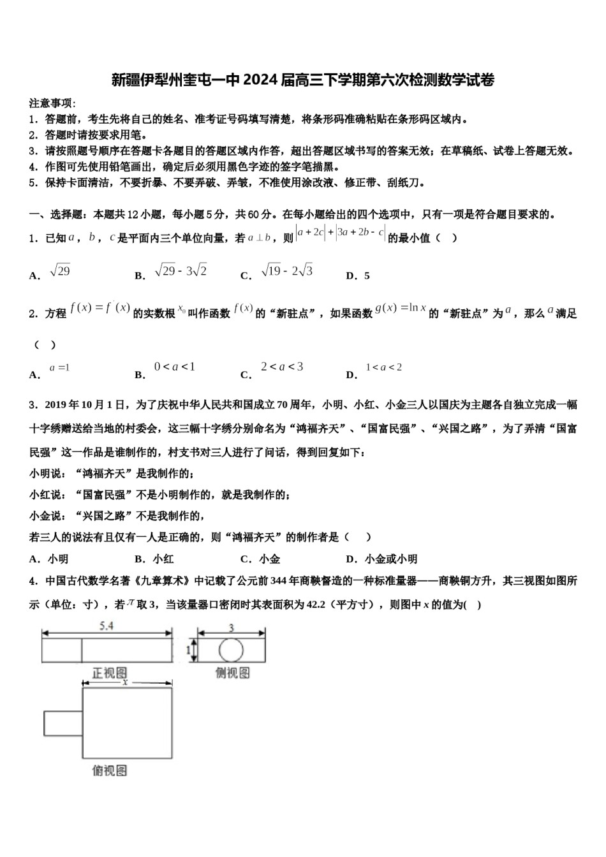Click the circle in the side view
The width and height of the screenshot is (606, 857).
tap(231, 650)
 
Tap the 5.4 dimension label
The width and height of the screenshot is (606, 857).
tap(107, 626)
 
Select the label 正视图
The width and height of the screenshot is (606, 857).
tap(110, 673)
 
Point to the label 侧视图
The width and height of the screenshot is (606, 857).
tap(232, 673)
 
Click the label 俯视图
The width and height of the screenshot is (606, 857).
tap(110, 770)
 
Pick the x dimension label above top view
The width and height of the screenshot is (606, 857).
tap(126, 682)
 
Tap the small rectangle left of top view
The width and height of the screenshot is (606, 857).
tap(63, 722)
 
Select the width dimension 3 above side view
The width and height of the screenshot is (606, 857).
tap(231, 627)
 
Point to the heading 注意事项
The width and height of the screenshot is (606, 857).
tap(51, 103)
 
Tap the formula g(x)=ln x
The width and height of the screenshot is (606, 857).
tap(400, 309)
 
